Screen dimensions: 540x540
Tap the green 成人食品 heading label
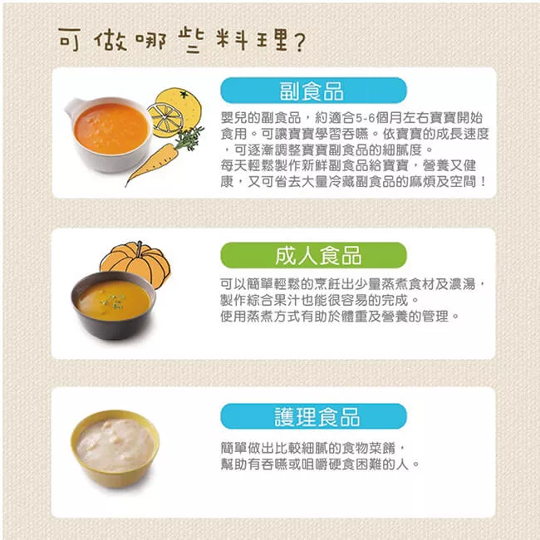click(313, 254)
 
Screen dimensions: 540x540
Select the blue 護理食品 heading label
click(313, 416)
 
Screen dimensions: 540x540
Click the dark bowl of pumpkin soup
click(113, 303)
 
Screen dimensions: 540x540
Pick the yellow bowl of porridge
click(115, 449)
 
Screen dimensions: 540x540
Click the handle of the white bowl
click(76, 107)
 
